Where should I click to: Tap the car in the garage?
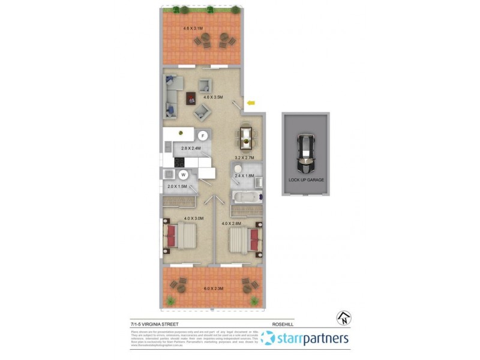click(x=306, y=152)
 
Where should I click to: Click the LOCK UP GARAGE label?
click(x=305, y=179)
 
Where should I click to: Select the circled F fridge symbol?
click(x=203, y=136)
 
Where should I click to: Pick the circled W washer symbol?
click(x=184, y=175)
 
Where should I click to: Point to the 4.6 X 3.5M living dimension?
click(x=213, y=97)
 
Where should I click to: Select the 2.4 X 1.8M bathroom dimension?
click(x=244, y=176)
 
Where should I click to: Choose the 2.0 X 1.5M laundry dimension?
click(x=177, y=187)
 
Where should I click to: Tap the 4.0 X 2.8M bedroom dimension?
click(x=232, y=223)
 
